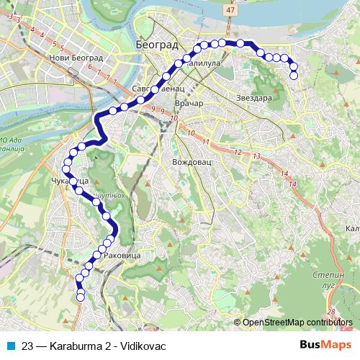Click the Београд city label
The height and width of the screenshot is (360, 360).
pos(157,44)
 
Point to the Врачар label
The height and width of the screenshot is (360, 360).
pos(189,103)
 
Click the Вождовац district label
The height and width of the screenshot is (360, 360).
pos(191,162)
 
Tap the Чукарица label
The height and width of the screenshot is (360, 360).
pos(70,180)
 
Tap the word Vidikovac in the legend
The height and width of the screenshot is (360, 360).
pos(143,346)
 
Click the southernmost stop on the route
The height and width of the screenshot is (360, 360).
pos(81,297)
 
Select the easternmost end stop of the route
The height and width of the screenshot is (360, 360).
pos(293,76)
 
